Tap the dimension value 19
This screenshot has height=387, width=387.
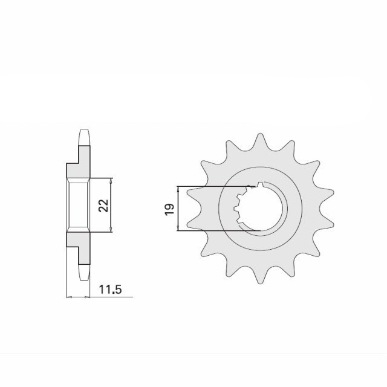tap(170, 208)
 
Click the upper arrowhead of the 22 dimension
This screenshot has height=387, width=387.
tap(112, 181)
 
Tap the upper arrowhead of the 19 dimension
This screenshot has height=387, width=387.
tap(178, 189)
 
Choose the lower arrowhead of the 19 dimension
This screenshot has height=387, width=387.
tap(178, 228)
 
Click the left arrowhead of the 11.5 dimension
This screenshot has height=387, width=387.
tap(68, 297)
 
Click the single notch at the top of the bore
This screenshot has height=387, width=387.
tap(260, 185)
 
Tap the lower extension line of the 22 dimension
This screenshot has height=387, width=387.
tap(101, 231)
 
